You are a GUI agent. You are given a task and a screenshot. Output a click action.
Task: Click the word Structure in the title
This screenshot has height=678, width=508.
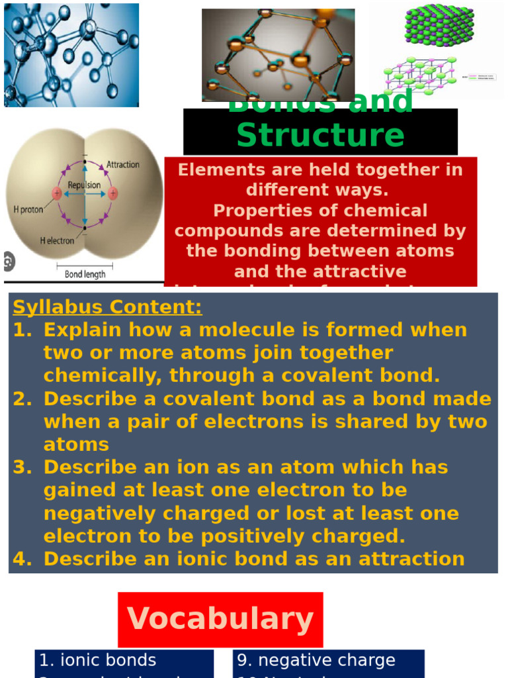coord(320,135)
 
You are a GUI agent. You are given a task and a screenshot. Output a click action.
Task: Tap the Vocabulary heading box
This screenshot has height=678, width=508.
coord(220,619)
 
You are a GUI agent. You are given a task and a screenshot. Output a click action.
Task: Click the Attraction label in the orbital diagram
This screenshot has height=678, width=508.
coord(123,164)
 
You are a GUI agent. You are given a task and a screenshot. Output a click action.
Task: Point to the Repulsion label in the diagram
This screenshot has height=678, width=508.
coord(84,185)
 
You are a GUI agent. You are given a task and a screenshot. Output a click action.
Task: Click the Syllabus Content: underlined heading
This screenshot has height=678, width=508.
coord(108,307)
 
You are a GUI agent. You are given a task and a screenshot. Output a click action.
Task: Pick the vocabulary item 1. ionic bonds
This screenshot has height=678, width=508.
coord(98,660)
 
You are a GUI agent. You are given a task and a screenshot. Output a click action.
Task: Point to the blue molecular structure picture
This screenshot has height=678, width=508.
coord(71,55)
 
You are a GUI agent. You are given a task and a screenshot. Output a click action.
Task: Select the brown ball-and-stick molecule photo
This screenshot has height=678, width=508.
coord(278,55)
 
